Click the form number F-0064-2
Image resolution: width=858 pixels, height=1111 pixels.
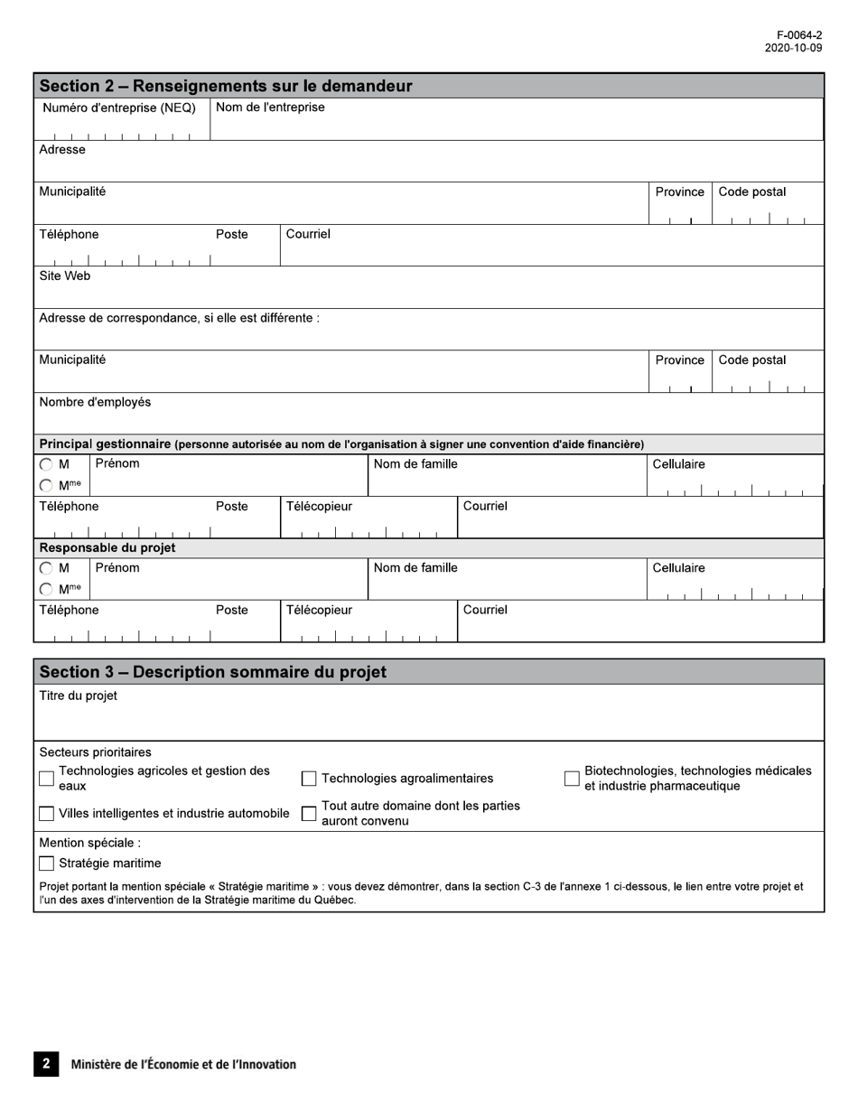click(x=799, y=35)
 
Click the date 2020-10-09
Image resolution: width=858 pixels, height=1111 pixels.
click(x=793, y=48)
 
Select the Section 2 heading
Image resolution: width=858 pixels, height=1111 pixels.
click(x=226, y=86)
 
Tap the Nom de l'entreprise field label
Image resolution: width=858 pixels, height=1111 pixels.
click(x=270, y=107)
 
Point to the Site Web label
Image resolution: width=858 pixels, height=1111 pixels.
click(x=64, y=276)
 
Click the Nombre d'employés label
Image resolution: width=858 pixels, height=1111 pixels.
click(x=95, y=402)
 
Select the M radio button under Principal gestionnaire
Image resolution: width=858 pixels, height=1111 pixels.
click(x=46, y=464)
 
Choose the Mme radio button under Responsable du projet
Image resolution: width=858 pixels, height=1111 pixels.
click(x=46, y=590)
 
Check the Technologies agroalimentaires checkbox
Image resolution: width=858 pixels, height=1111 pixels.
click(x=309, y=779)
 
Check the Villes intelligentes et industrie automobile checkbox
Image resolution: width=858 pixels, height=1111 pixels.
click(x=47, y=814)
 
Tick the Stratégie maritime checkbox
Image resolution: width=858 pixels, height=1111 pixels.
click(x=47, y=864)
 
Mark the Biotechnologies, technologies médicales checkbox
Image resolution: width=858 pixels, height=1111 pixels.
click(x=572, y=779)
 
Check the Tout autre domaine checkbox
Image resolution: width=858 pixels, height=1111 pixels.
click(x=309, y=814)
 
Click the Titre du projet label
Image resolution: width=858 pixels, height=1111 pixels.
click(x=78, y=696)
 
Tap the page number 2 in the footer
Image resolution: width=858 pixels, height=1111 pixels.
click(x=46, y=1064)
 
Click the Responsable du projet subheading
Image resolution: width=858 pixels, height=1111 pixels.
click(x=107, y=548)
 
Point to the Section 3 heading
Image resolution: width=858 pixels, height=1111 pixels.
click(x=213, y=672)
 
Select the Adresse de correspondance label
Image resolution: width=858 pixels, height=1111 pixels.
click(x=179, y=318)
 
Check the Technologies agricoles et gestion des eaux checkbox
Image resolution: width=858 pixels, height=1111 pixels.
click(x=47, y=779)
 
